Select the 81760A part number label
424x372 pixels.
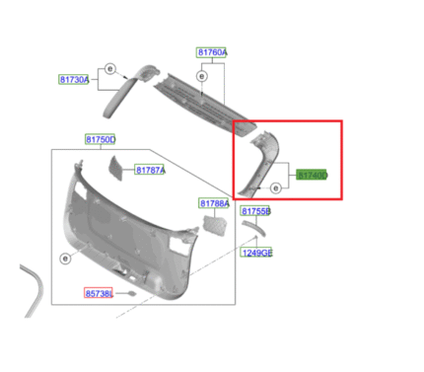point(211,52)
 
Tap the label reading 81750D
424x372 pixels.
point(100,140)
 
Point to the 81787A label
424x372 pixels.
point(150,171)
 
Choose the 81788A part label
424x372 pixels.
point(214,203)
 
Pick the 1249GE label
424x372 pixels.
point(257,253)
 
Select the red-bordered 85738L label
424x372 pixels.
point(99,293)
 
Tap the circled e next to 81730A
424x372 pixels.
point(110,69)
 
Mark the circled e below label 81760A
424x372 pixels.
point(201,76)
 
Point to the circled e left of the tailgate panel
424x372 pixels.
point(66,259)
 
